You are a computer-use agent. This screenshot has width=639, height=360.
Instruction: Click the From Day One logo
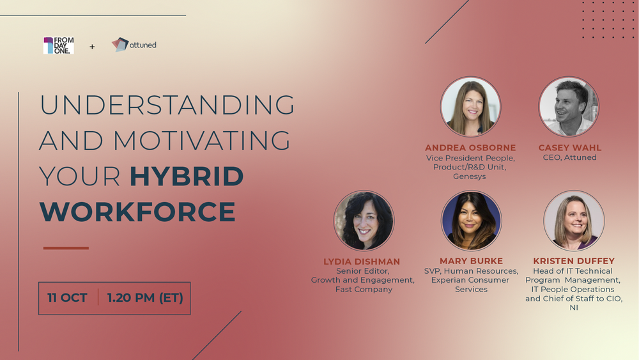click(59, 45)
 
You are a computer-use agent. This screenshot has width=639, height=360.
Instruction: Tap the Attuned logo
click(134, 44)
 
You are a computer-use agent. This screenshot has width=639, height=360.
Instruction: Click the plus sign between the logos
click(92, 47)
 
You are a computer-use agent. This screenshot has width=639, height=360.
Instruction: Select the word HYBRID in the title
click(187, 176)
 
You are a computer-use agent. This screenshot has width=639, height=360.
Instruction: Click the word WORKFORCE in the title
click(137, 212)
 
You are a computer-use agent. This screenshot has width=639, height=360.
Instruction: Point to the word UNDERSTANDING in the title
click(167, 105)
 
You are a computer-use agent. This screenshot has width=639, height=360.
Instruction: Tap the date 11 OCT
click(67, 297)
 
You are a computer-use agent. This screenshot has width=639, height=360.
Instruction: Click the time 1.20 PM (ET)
click(145, 298)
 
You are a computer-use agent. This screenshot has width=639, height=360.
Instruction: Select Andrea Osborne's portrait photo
click(471, 107)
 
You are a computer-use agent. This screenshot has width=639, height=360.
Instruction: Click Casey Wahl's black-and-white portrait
click(569, 107)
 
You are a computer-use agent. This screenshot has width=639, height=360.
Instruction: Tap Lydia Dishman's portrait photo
click(364, 221)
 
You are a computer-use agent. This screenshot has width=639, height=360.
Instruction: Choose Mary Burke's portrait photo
click(471, 221)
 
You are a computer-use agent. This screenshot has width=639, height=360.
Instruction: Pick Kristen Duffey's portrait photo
click(574, 221)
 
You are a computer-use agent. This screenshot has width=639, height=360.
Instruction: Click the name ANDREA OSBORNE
click(470, 148)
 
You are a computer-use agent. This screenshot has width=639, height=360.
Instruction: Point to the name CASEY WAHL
click(570, 148)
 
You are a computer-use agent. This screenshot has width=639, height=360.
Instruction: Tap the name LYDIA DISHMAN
click(362, 262)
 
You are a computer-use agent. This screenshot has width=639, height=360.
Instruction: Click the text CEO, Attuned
click(570, 157)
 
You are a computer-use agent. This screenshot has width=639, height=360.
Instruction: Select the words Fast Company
click(364, 290)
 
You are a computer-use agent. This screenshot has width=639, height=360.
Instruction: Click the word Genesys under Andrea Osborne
click(470, 176)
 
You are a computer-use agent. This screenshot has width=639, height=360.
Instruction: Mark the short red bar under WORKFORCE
click(66, 248)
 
